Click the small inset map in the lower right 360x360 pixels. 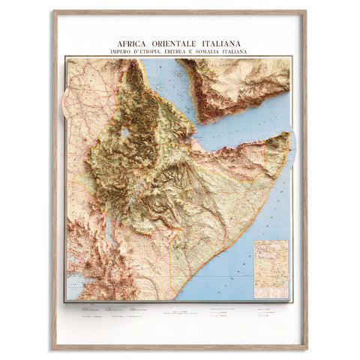tap(271, 268)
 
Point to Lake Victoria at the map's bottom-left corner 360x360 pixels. tap(75, 289)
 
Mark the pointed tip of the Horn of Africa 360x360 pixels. tap(287, 134)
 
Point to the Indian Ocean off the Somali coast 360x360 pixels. tap(255, 225)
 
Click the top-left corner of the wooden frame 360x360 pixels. tap(53, 12)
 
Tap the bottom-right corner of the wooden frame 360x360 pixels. tap(305, 348)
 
